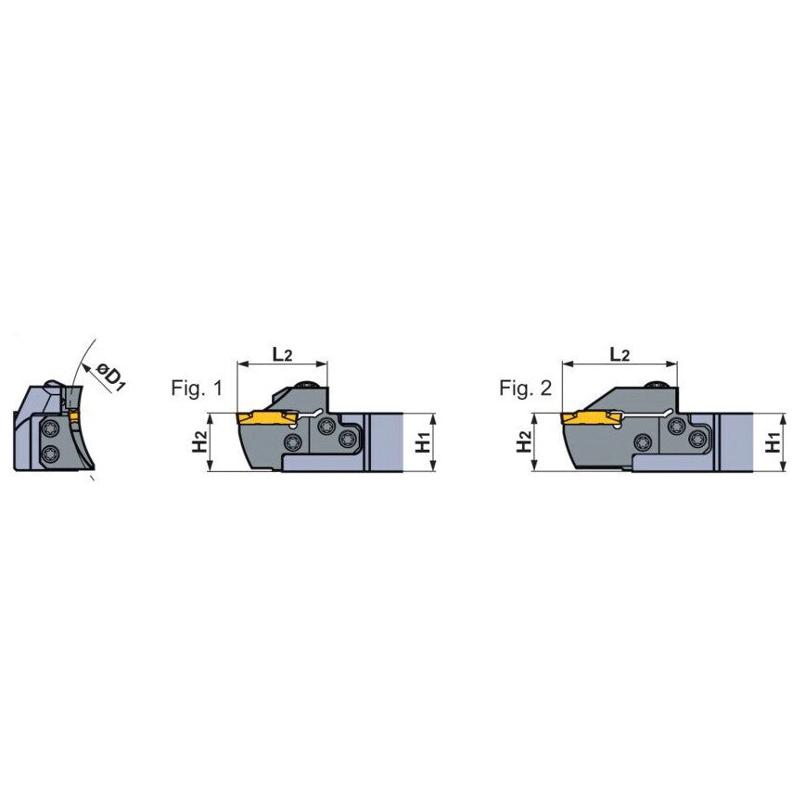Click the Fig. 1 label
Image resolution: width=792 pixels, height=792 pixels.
tap(197, 388)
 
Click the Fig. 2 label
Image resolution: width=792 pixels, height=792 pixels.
tap(525, 388)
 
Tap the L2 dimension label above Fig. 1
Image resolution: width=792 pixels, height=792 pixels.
tap(282, 354)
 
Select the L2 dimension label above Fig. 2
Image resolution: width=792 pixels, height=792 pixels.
tap(620, 354)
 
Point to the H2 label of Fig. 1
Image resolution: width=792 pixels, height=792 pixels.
tap(200, 441)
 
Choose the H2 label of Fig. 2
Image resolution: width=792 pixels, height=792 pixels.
tap(524, 441)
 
